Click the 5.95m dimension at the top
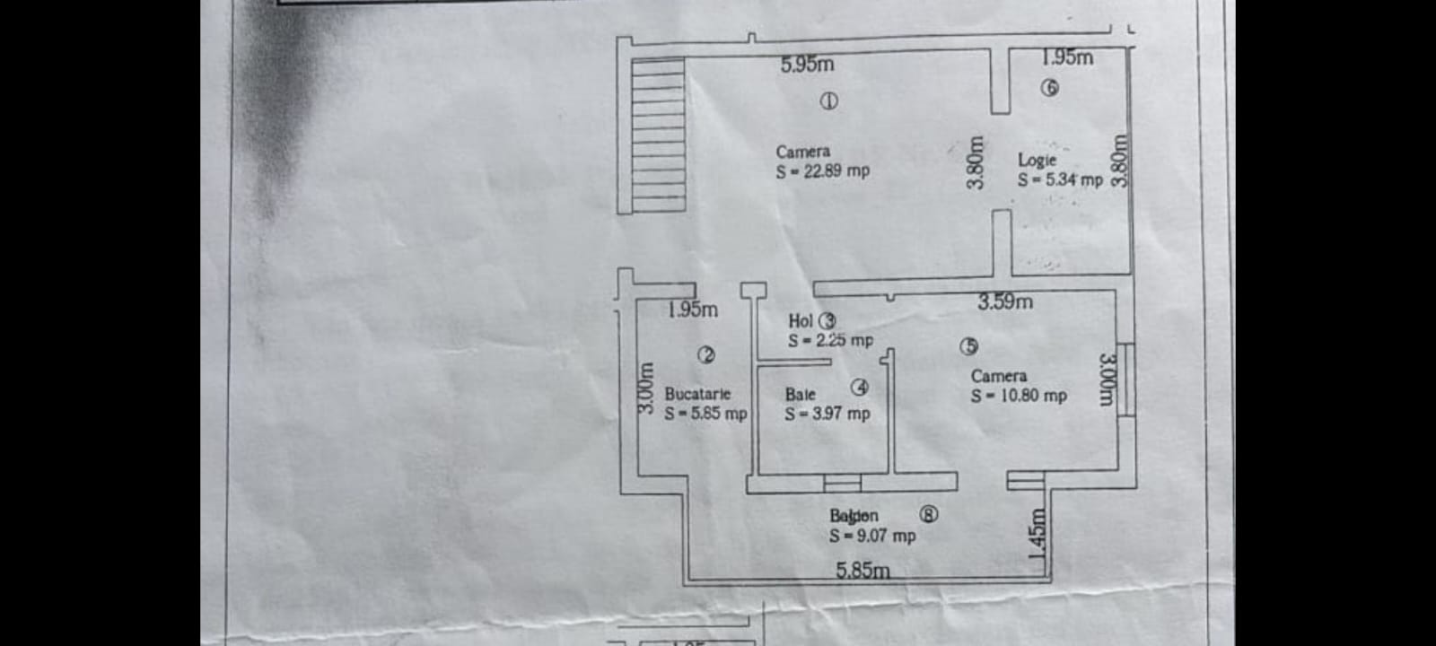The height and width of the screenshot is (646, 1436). click(807, 65)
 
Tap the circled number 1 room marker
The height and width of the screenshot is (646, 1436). click(829, 101)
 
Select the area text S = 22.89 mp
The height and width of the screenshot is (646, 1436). click(823, 170)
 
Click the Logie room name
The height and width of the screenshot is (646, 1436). click(1037, 160)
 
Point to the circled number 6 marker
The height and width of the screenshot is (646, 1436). click(1049, 88)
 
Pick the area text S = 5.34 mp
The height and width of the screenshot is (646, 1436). click(1060, 179)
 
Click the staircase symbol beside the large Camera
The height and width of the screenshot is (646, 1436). click(652, 135)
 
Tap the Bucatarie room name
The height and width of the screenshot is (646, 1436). click(697, 394)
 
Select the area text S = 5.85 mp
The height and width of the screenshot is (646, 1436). click(705, 414)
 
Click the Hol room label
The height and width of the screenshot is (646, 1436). click(801, 320)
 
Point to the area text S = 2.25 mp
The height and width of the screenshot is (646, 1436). click(830, 340)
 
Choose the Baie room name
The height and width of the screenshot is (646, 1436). click(800, 394)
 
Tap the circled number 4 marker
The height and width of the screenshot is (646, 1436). click(860, 388)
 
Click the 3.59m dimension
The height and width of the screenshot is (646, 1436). click(1005, 302)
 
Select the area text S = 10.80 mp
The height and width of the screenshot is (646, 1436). click(1019, 396)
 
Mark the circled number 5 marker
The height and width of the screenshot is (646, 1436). click(968, 346)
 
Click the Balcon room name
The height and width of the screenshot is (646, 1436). click(854, 516)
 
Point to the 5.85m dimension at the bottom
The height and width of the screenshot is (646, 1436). click(863, 570)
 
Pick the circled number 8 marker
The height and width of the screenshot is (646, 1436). click(929, 514)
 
